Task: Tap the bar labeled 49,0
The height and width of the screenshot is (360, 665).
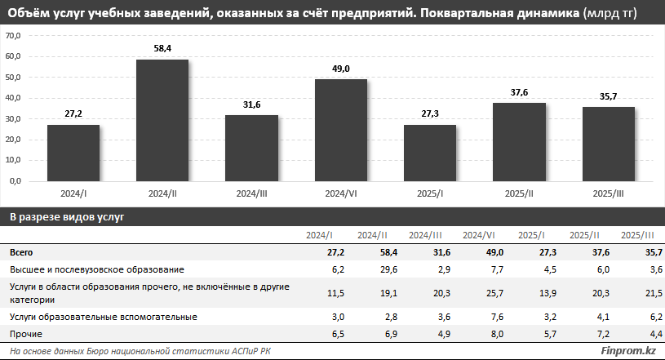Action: tap(340, 130)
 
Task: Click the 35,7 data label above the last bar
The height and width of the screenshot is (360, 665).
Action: tap(608, 96)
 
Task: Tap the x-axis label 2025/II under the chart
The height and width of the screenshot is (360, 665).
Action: tap(519, 193)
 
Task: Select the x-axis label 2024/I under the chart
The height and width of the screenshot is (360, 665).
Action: tap(73, 193)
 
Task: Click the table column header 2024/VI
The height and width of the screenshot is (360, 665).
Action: tap(476, 235)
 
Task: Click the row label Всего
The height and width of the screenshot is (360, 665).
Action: tap(22, 252)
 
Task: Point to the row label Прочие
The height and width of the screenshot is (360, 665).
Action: tap(26, 334)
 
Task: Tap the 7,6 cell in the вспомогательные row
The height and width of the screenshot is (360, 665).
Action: tap(480, 316)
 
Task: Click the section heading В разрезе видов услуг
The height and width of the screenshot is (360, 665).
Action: tap(67, 217)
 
